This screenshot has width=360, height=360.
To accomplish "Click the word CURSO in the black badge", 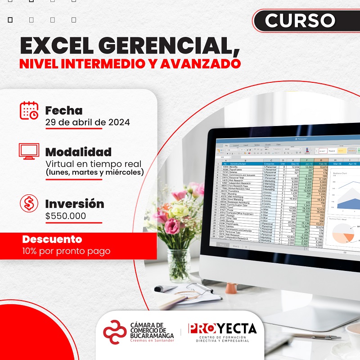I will click(x=300, y=20).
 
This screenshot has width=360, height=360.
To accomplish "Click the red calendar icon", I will click(x=29, y=111).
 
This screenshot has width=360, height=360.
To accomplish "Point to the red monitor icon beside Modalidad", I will click(x=28, y=151).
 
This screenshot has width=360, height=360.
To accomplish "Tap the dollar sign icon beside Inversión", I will click(x=29, y=204).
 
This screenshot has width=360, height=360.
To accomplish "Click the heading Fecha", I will click(x=64, y=110).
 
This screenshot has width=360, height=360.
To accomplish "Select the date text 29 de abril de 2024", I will click(x=87, y=122).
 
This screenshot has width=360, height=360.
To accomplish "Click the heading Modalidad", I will click(x=78, y=152).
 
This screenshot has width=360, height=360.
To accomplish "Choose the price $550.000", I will click(x=65, y=216).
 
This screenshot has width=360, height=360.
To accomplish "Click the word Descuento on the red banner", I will click(x=52, y=239).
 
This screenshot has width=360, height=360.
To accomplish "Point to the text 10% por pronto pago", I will click(x=66, y=251).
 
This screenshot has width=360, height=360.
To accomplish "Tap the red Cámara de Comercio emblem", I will click(x=115, y=332).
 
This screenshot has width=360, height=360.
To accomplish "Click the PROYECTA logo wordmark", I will click(x=222, y=329).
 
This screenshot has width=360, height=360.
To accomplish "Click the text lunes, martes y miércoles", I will click(x=94, y=172).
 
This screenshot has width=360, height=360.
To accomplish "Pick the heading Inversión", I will click(x=75, y=204).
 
